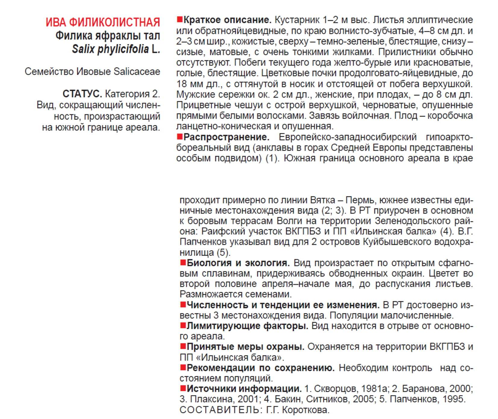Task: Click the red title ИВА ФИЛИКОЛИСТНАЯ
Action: [103, 22]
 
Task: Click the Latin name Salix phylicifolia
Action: [110, 49]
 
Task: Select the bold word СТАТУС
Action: [82, 94]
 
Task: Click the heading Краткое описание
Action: [227, 20]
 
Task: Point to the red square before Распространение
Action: [180, 137]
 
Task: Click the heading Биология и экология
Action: [238, 263]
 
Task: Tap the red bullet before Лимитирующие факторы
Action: [183, 325]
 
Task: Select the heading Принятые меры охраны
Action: [245, 347]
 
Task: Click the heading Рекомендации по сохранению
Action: [260, 368]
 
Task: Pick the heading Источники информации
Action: [244, 389]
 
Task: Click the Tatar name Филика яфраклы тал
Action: [108, 36]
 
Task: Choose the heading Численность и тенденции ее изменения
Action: [283, 305]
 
